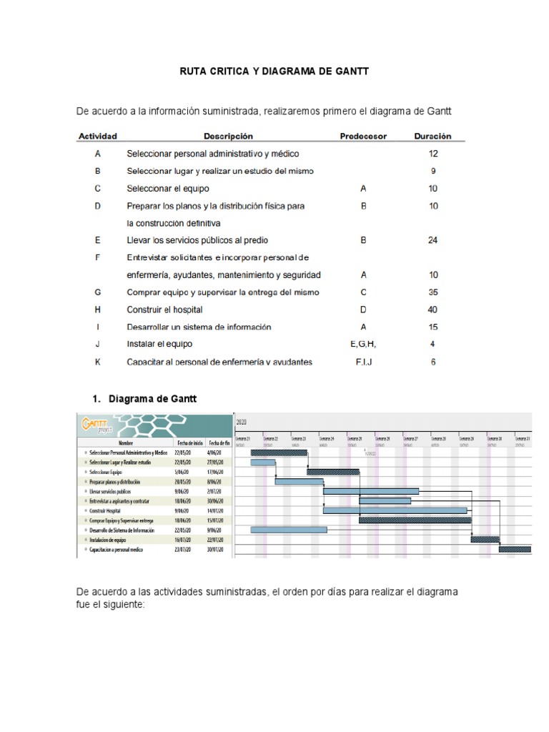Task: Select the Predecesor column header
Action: coord(363,136)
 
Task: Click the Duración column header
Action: coord(432,136)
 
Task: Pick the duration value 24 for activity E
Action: coord(432,240)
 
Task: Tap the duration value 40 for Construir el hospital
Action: coord(432,310)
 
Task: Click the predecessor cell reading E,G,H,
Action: coord(363,344)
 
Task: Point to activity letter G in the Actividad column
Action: coord(97,292)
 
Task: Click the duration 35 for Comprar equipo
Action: coord(432,292)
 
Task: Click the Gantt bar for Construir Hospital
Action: coord(395,510)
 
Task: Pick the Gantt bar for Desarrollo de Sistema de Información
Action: coord(289,530)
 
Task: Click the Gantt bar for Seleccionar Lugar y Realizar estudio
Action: coord(263,463)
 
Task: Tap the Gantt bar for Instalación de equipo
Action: coord(485,539)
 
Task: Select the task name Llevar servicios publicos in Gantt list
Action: coord(114,492)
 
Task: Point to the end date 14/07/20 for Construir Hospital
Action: coord(215,511)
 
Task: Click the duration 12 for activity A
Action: coord(432,154)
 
